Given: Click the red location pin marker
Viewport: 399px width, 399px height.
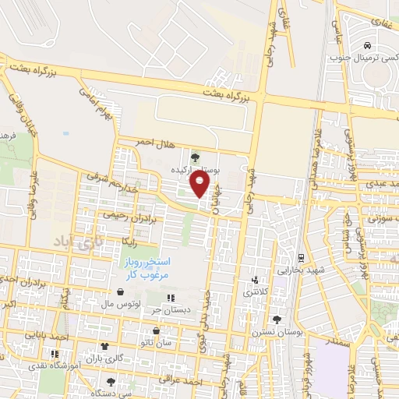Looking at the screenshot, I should (x=200, y=185).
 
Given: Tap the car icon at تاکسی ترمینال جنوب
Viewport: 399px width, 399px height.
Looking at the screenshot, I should (x=367, y=44).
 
